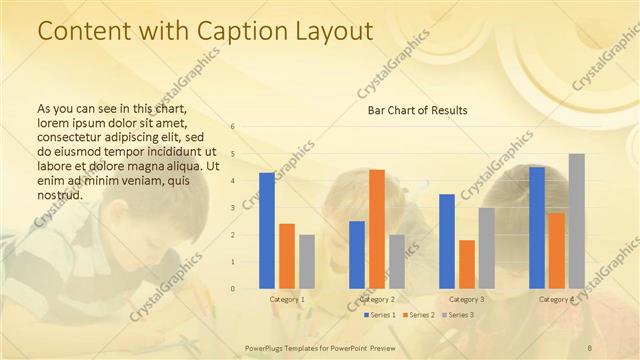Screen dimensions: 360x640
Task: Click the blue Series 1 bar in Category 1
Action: click(x=267, y=230)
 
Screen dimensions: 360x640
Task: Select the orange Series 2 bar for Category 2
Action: click(x=377, y=229)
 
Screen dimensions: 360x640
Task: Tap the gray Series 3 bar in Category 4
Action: click(x=577, y=221)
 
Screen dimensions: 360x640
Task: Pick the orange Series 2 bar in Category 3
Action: click(x=467, y=264)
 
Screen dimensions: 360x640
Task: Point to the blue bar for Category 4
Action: click(x=537, y=228)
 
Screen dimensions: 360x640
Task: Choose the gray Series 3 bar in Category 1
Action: click(x=307, y=261)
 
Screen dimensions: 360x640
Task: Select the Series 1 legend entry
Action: click(x=378, y=315)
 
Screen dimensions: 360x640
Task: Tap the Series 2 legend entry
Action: click(x=418, y=315)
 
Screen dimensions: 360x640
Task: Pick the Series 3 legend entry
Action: click(x=457, y=315)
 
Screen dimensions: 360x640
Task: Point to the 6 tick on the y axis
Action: click(x=232, y=127)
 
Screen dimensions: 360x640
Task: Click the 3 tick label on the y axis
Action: click(x=232, y=208)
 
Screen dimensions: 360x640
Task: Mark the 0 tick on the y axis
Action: click(x=232, y=289)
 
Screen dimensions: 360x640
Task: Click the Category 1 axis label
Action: click(x=288, y=299)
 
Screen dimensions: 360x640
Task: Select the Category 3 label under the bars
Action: click(x=468, y=299)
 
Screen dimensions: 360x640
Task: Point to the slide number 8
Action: click(x=590, y=346)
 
